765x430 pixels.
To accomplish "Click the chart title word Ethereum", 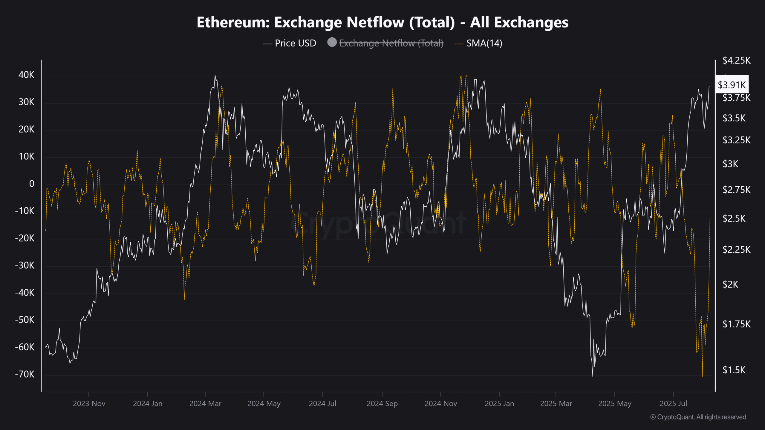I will click(233, 22).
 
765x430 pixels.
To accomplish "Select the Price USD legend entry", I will click(295, 43).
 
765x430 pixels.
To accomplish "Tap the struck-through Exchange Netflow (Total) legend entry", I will click(391, 43).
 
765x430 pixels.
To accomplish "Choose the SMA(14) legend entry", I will click(484, 43).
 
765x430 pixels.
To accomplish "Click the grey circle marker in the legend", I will click(332, 42).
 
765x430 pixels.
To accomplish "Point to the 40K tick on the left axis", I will click(26, 75).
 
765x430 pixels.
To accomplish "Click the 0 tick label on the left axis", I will click(32, 184).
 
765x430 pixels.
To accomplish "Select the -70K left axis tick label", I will click(25, 374).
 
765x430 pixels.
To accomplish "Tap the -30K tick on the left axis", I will click(25, 265).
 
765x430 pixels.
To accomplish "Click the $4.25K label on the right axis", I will click(736, 60).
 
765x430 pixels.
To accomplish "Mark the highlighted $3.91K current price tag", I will click(732, 85).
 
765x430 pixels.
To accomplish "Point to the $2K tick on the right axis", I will click(730, 284).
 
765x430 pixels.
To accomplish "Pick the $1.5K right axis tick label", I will click(734, 370).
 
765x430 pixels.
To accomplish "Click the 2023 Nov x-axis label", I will click(89, 403).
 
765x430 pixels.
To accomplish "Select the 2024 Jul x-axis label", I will click(322, 403).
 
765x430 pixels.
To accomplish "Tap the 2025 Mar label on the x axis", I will click(556, 403).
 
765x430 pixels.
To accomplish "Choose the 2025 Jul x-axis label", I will click(673, 403).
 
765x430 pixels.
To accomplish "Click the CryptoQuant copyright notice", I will click(698, 417).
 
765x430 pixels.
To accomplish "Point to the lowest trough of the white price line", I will click(593, 376).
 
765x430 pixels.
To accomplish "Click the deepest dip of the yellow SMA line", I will click(702, 376).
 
